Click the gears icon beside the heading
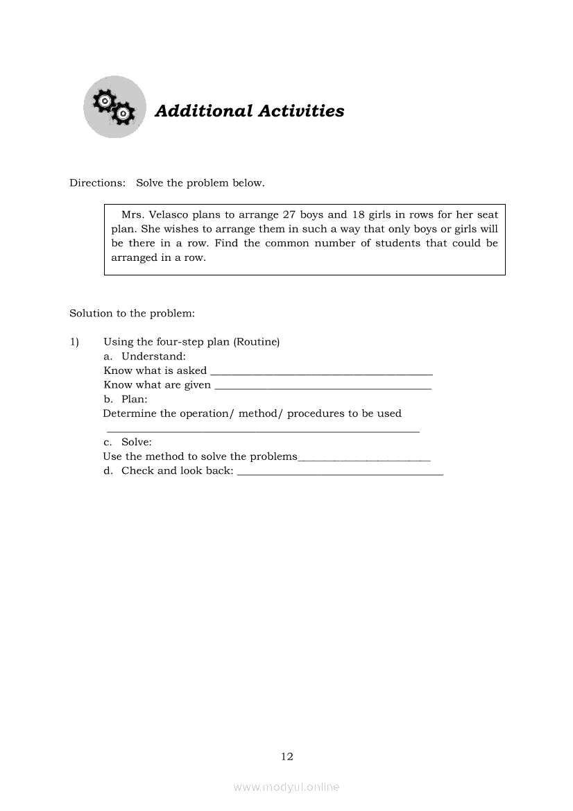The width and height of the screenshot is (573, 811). tap(114, 107)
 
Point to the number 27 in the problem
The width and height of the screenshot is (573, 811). tap(289, 215)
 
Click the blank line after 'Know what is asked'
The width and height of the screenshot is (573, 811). tap(321, 373)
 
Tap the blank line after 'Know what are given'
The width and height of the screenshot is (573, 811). tap(323, 387)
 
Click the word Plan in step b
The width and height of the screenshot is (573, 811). tap(134, 400)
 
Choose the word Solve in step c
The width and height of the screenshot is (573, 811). tap(136, 443)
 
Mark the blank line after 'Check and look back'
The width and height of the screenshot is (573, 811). tap(340, 473)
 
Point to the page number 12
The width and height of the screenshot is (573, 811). tap(287, 757)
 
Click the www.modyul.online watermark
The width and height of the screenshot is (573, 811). tap(286, 787)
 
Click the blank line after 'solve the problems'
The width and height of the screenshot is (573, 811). tap(364, 459)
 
